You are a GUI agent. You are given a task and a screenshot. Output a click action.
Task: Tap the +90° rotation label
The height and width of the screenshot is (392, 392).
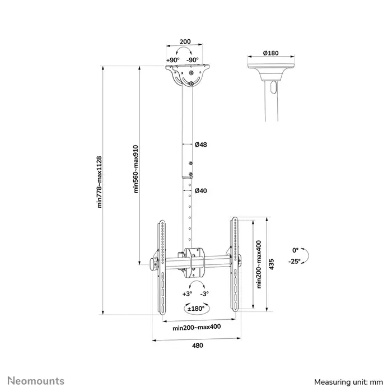coord(172,60)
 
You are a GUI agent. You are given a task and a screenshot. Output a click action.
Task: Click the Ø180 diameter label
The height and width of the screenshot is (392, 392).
coord(270,54)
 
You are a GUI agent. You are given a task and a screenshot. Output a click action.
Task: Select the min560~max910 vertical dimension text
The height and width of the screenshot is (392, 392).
coord(136,170)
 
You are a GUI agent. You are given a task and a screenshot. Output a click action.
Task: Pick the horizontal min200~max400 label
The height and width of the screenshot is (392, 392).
coord(195,328)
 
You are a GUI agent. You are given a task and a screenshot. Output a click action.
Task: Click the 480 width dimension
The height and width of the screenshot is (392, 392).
coord(196,346)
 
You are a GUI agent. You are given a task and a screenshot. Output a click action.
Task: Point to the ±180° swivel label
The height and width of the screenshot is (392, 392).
coord(195,308)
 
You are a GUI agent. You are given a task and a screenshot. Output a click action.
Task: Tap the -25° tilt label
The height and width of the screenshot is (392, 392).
coord(295,261)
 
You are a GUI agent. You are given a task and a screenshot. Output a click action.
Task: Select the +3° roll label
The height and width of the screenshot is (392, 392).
coord(187,293)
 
